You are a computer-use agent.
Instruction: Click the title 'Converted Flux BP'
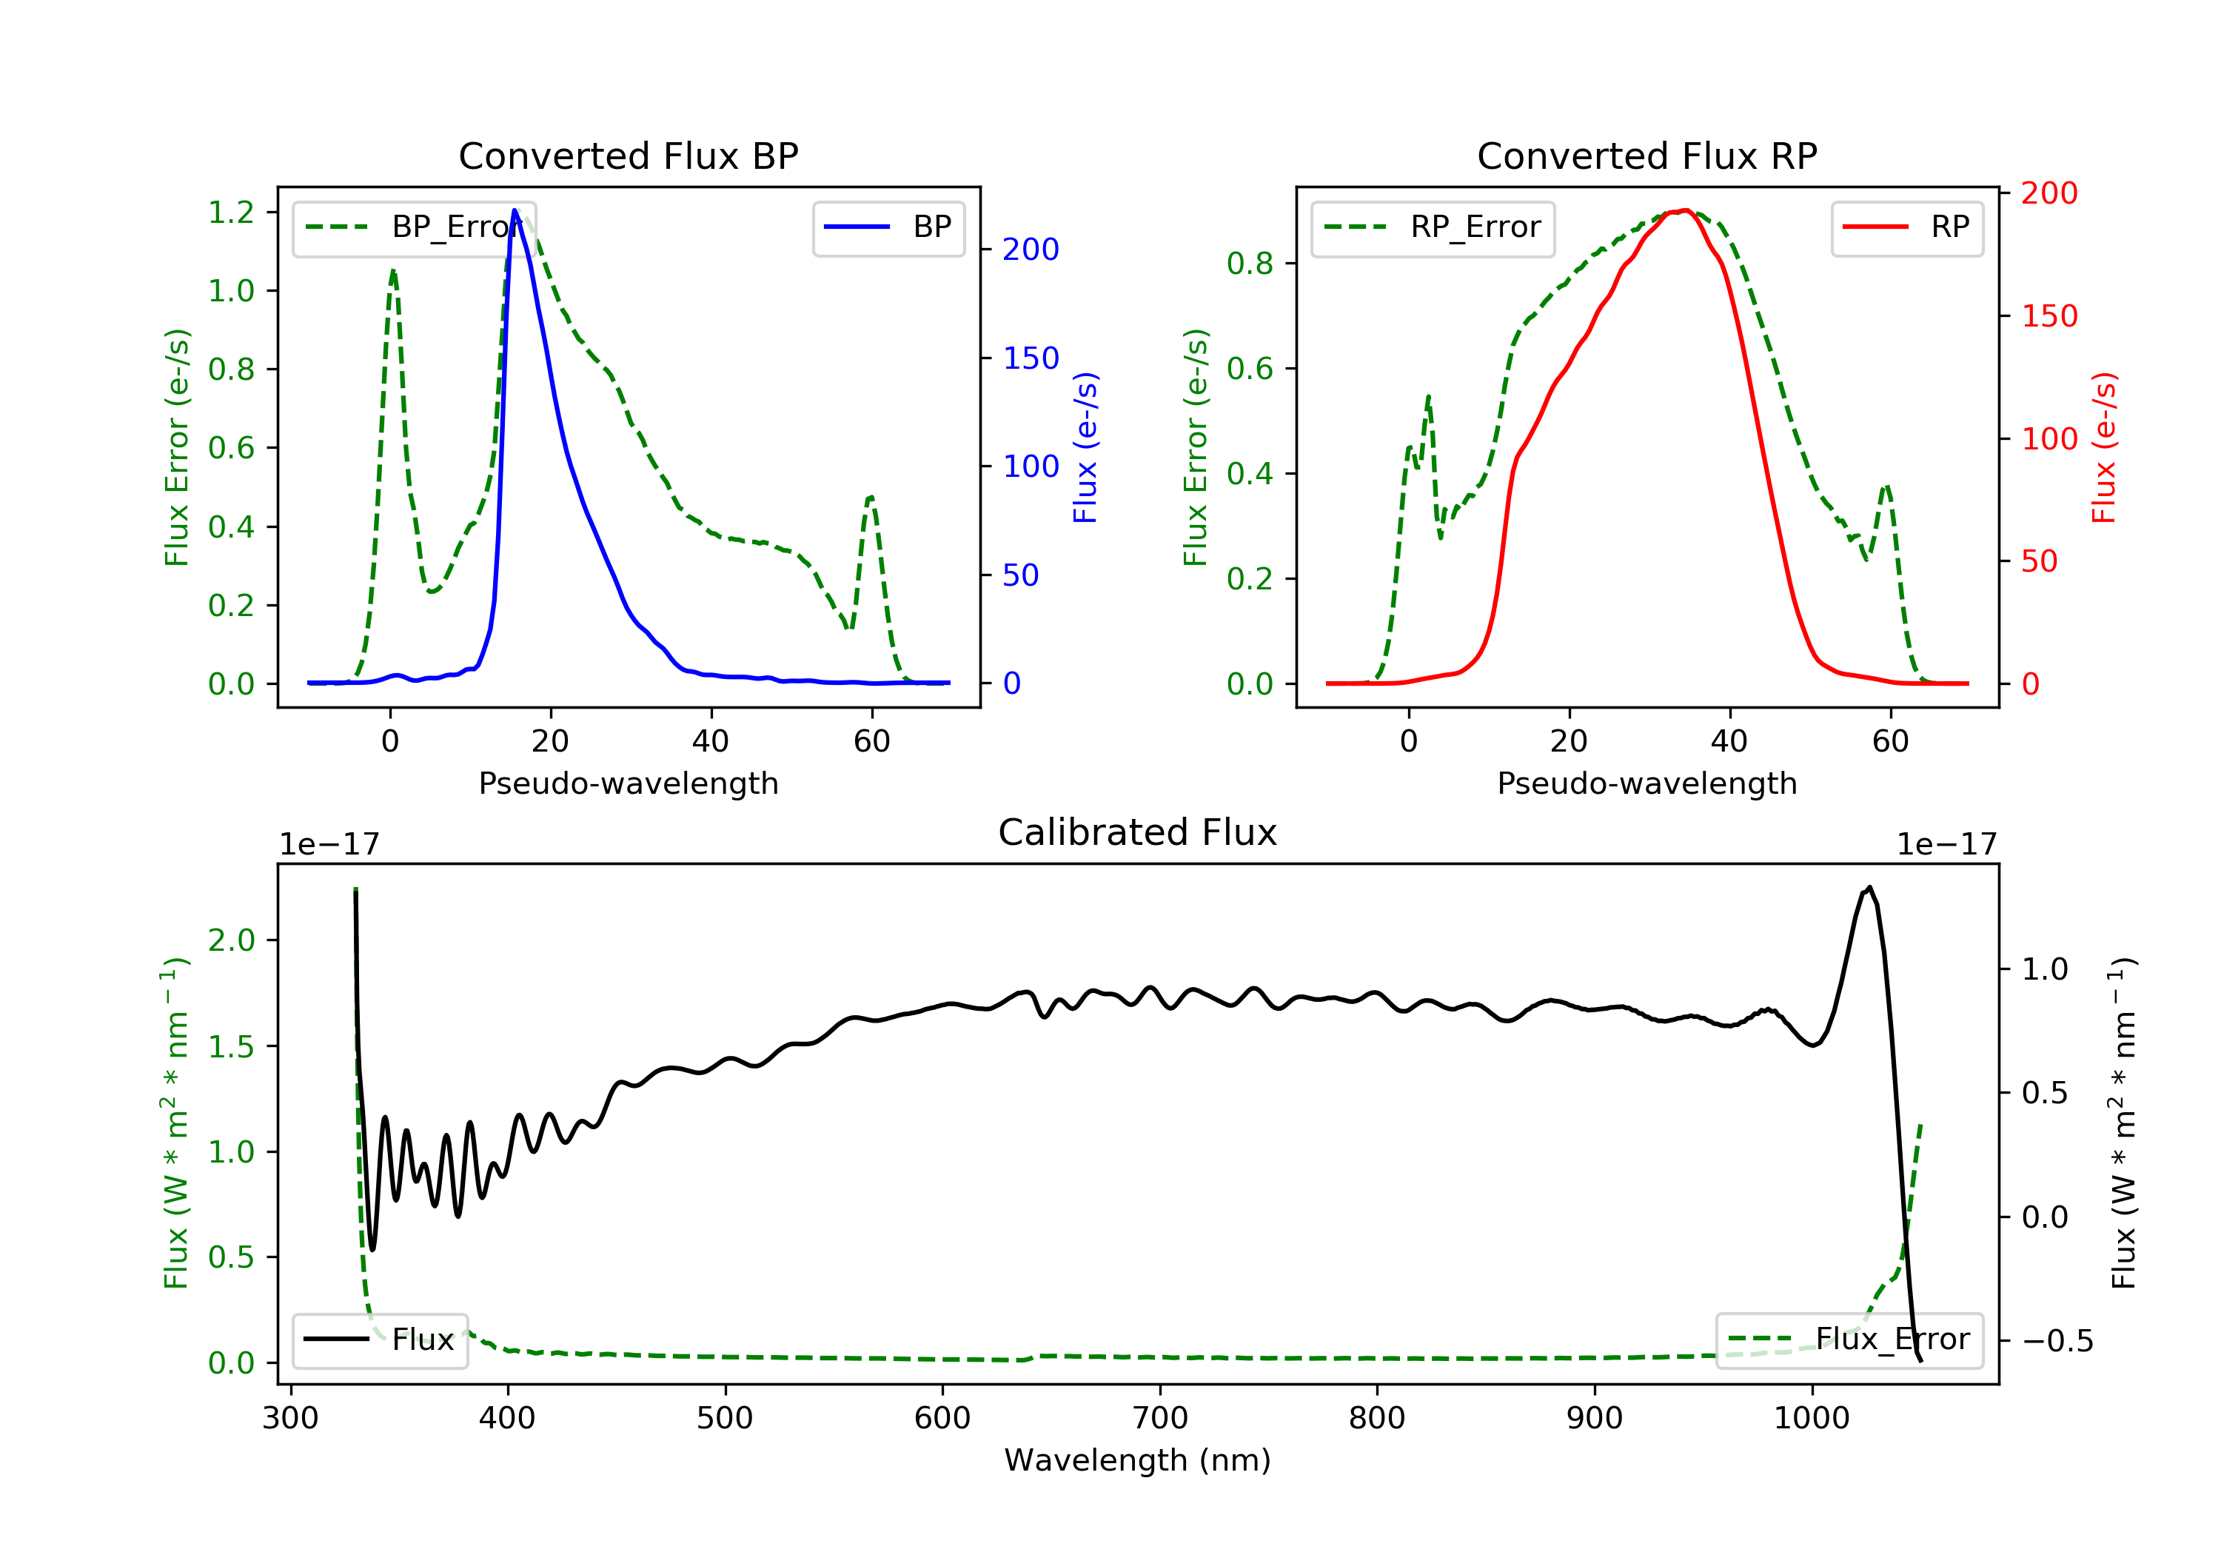click(x=628, y=155)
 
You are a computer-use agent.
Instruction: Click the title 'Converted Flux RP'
click(x=1647, y=155)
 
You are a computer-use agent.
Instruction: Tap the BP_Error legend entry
click(x=414, y=227)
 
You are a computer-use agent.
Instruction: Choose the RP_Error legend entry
click(x=1433, y=227)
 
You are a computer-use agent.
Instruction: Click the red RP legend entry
click(x=1906, y=227)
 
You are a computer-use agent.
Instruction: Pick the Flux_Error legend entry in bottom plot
click(x=1849, y=1340)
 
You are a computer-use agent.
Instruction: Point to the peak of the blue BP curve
click(x=515, y=210)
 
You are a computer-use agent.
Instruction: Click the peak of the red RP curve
click(x=1685, y=210)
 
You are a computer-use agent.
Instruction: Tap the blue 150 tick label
click(x=1031, y=359)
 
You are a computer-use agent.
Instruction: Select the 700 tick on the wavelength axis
click(x=1160, y=1419)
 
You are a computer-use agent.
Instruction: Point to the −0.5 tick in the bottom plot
click(x=2057, y=1341)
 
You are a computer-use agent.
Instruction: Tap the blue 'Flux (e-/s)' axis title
click(x=1085, y=447)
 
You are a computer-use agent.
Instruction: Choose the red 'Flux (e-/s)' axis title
click(x=2104, y=447)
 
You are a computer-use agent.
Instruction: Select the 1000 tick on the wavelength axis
click(x=1812, y=1419)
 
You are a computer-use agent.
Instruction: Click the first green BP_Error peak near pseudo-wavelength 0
click(x=392, y=272)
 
